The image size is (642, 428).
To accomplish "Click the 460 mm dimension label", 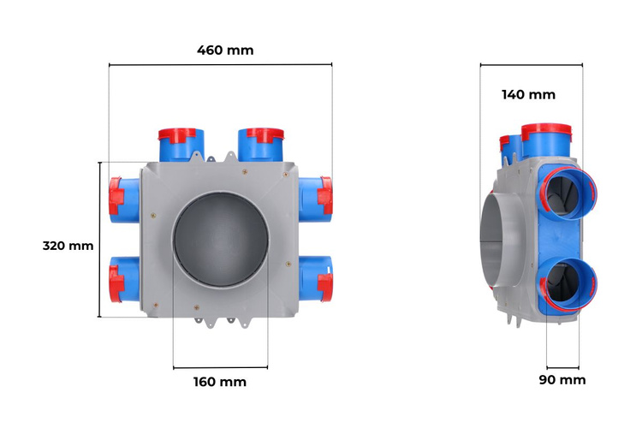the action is tap(225, 51).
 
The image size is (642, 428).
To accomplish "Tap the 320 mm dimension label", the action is tap(68, 246).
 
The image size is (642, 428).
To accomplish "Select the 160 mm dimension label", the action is tap(220, 382).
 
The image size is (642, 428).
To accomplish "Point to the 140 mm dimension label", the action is tap(529, 95).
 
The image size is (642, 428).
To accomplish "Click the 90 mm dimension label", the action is tap(562, 380).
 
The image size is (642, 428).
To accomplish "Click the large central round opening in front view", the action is tap(221, 240).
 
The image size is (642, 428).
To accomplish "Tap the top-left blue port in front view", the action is tap(181, 145).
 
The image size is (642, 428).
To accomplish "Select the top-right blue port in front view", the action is tap(261, 145).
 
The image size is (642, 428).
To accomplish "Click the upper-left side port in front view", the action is tap(124, 199).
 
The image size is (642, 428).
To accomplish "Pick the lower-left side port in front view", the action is tap(124, 279).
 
